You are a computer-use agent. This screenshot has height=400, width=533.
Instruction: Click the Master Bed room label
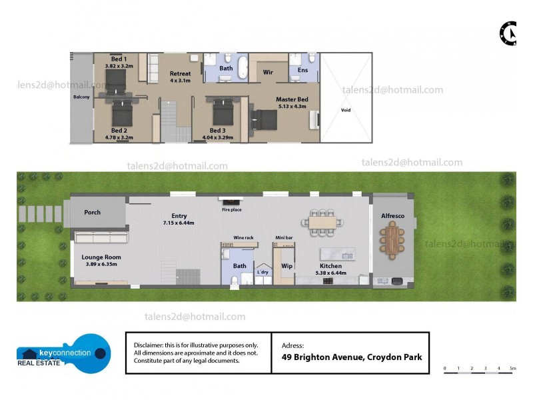click(x=291, y=99)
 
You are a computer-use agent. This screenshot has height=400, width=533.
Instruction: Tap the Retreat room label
click(x=180, y=73)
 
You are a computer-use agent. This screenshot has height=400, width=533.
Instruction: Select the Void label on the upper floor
click(x=345, y=110)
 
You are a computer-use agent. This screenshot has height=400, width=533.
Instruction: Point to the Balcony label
click(x=81, y=97)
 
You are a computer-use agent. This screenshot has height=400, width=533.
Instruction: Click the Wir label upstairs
click(x=268, y=72)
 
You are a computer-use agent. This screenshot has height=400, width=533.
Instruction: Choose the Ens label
click(x=303, y=69)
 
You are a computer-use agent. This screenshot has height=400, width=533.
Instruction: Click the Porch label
click(x=93, y=212)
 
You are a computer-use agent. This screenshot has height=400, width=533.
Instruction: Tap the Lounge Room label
click(x=101, y=257)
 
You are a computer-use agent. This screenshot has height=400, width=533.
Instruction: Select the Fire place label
click(x=232, y=210)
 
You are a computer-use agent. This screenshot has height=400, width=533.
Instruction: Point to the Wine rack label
click(x=243, y=237)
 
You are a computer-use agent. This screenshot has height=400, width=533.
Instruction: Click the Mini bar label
click(x=284, y=237)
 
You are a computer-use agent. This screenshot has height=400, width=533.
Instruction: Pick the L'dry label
click(x=263, y=272)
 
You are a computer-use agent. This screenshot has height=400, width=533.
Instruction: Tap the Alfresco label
click(x=392, y=216)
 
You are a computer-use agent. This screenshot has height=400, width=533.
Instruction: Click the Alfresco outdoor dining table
click(x=392, y=241)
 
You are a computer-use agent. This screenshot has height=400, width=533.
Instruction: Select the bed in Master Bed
click(x=264, y=120)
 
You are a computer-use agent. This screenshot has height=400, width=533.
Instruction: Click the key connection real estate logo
click(x=64, y=353)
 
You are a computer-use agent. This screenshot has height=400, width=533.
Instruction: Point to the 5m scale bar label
click(x=512, y=368)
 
